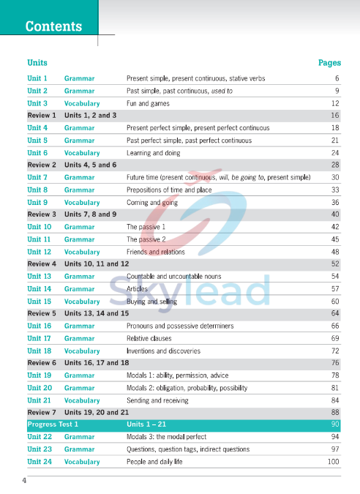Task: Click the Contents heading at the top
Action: coord(53,26)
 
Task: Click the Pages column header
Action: coord(329,63)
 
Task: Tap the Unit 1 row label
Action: coord(37,78)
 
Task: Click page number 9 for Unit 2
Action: coord(337,91)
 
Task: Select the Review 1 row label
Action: coord(42,116)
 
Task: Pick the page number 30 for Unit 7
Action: coord(335,177)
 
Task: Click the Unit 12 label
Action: coord(40,252)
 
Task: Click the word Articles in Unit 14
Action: coord(138,289)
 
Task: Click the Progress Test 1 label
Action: coord(53,424)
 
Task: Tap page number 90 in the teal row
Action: coord(335,424)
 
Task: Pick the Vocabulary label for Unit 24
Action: coord(82,462)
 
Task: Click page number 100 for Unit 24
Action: coord(334,462)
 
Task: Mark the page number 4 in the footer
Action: coord(24,481)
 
